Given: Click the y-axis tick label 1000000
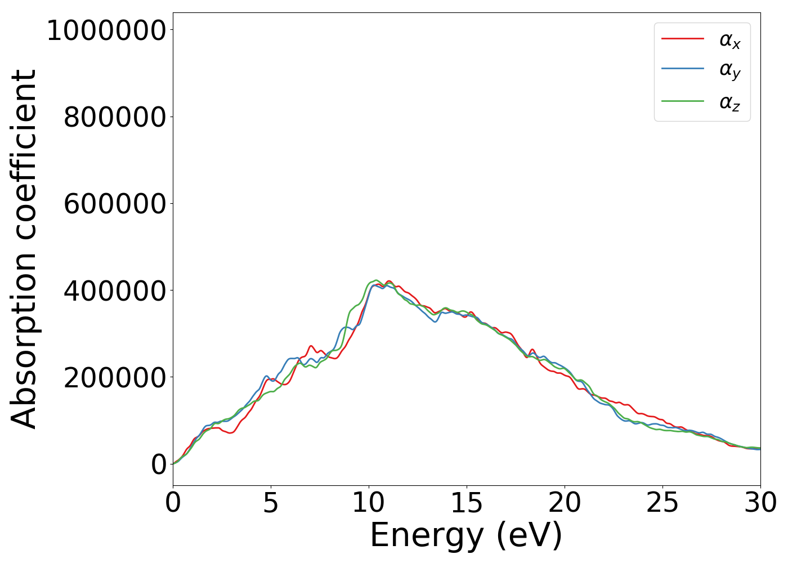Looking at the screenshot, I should click(106, 30).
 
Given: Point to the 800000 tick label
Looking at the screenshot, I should click(115, 118).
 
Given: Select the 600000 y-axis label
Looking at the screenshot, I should click(115, 204).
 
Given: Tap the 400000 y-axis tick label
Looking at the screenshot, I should click(115, 291).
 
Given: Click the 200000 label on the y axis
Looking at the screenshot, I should click(115, 378).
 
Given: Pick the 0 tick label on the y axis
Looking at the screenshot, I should click(159, 465).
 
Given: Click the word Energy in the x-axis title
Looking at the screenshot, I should click(426, 535).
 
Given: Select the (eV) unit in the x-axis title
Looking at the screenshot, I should click(529, 535).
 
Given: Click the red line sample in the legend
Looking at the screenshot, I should click(682, 39).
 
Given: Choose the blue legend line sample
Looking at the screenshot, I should click(682, 69).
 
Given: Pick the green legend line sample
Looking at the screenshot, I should click(682, 101).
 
